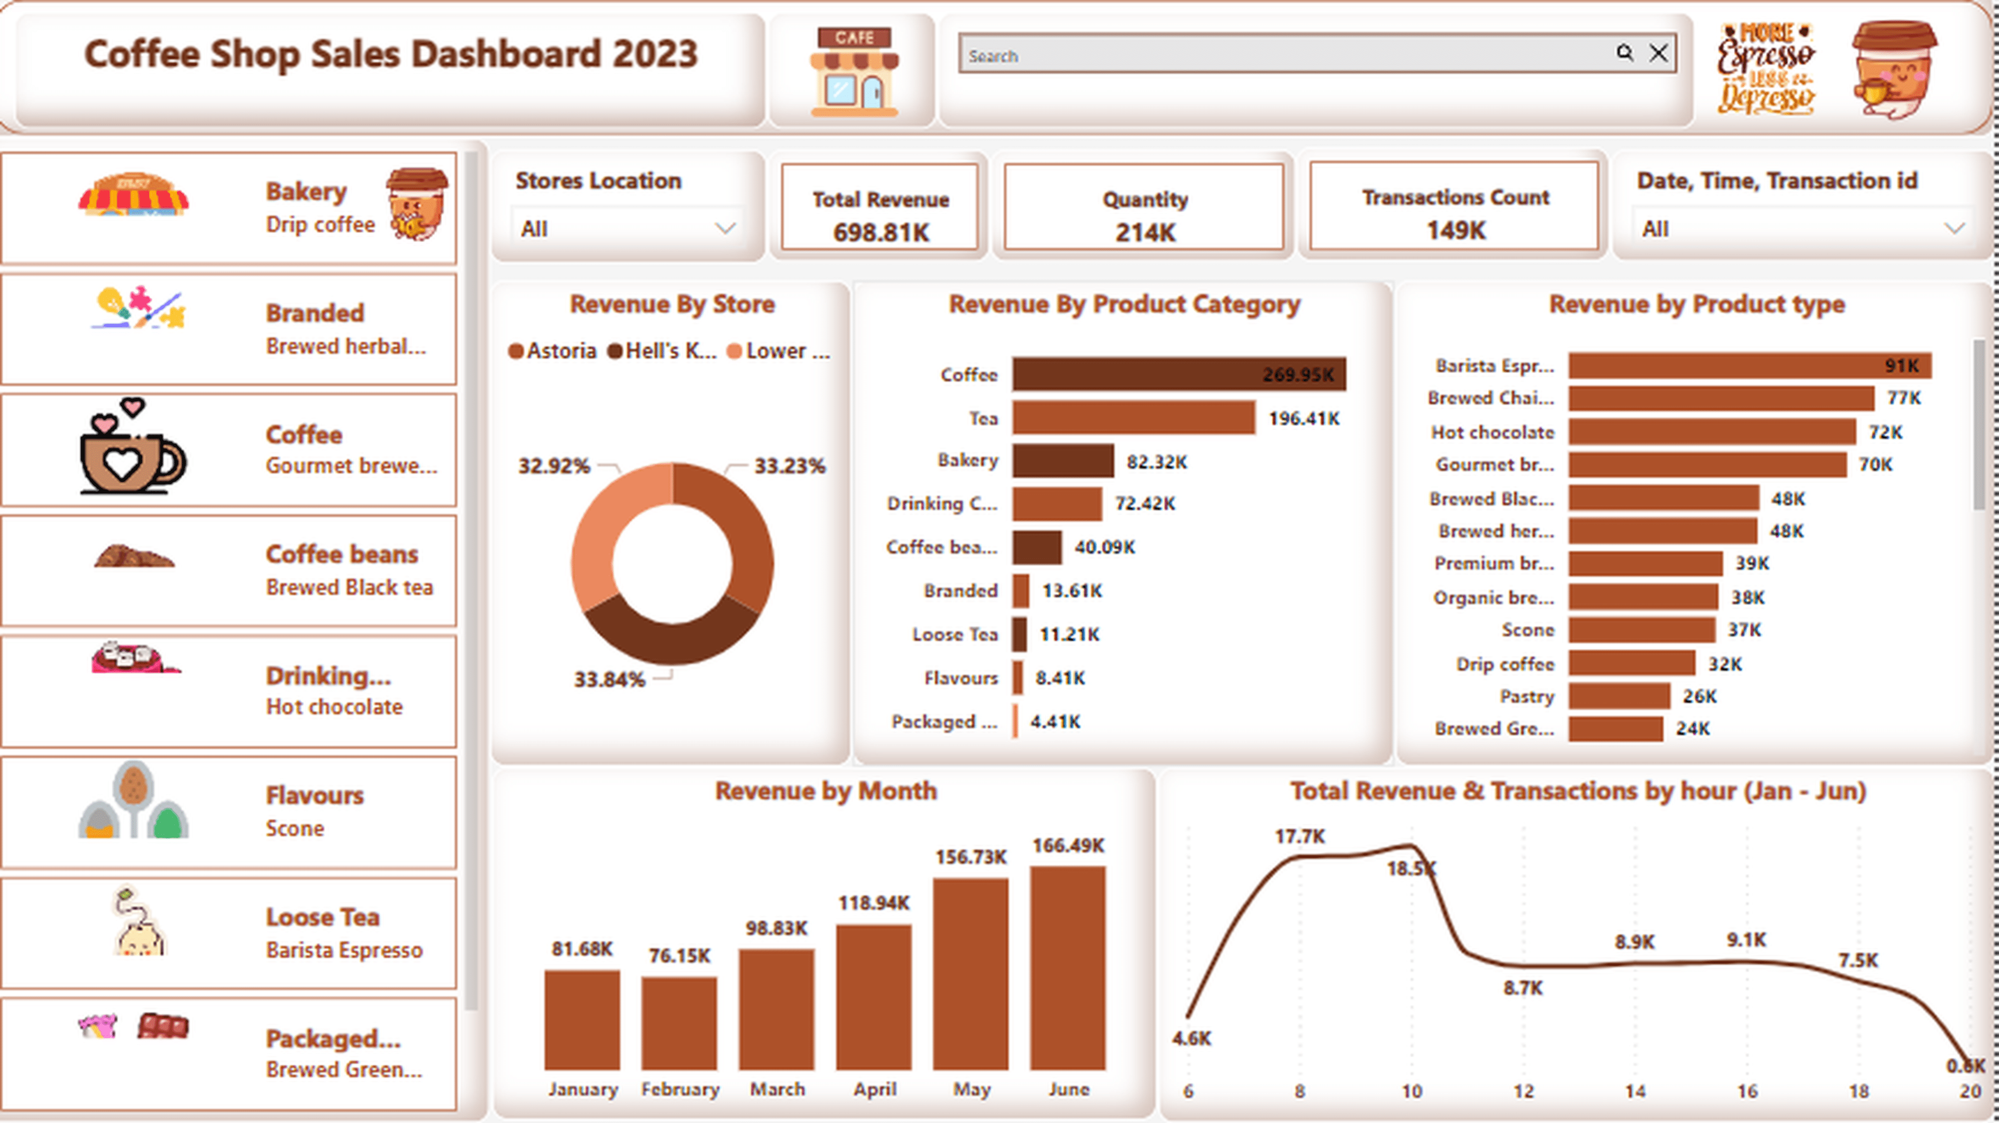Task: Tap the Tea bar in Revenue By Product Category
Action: (1133, 418)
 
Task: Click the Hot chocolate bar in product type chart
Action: (1711, 432)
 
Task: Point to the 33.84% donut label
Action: (609, 680)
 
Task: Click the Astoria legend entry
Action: (552, 351)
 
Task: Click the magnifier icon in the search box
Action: (1624, 53)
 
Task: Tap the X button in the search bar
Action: (1658, 53)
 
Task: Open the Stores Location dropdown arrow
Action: (725, 228)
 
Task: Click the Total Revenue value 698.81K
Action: (881, 232)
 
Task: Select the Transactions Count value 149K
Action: (1455, 231)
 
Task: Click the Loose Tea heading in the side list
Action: (322, 917)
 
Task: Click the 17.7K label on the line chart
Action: (1300, 837)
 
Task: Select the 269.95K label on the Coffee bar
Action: (1298, 375)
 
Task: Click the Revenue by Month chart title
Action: (826, 791)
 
